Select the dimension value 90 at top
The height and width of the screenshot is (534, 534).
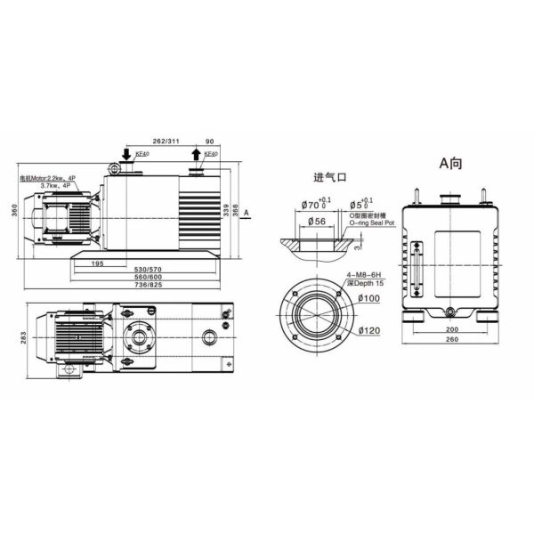(x=209, y=141)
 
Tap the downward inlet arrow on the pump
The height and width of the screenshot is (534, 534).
(x=125, y=157)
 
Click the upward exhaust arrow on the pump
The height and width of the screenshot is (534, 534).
(x=197, y=157)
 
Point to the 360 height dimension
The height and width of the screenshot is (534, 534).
(x=14, y=210)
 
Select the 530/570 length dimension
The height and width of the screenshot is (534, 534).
(x=148, y=270)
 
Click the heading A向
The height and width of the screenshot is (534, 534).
(x=450, y=164)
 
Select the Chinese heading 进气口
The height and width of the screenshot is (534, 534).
(x=328, y=176)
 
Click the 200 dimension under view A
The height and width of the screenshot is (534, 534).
(x=451, y=328)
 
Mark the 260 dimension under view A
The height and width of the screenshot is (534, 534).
(x=451, y=340)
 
